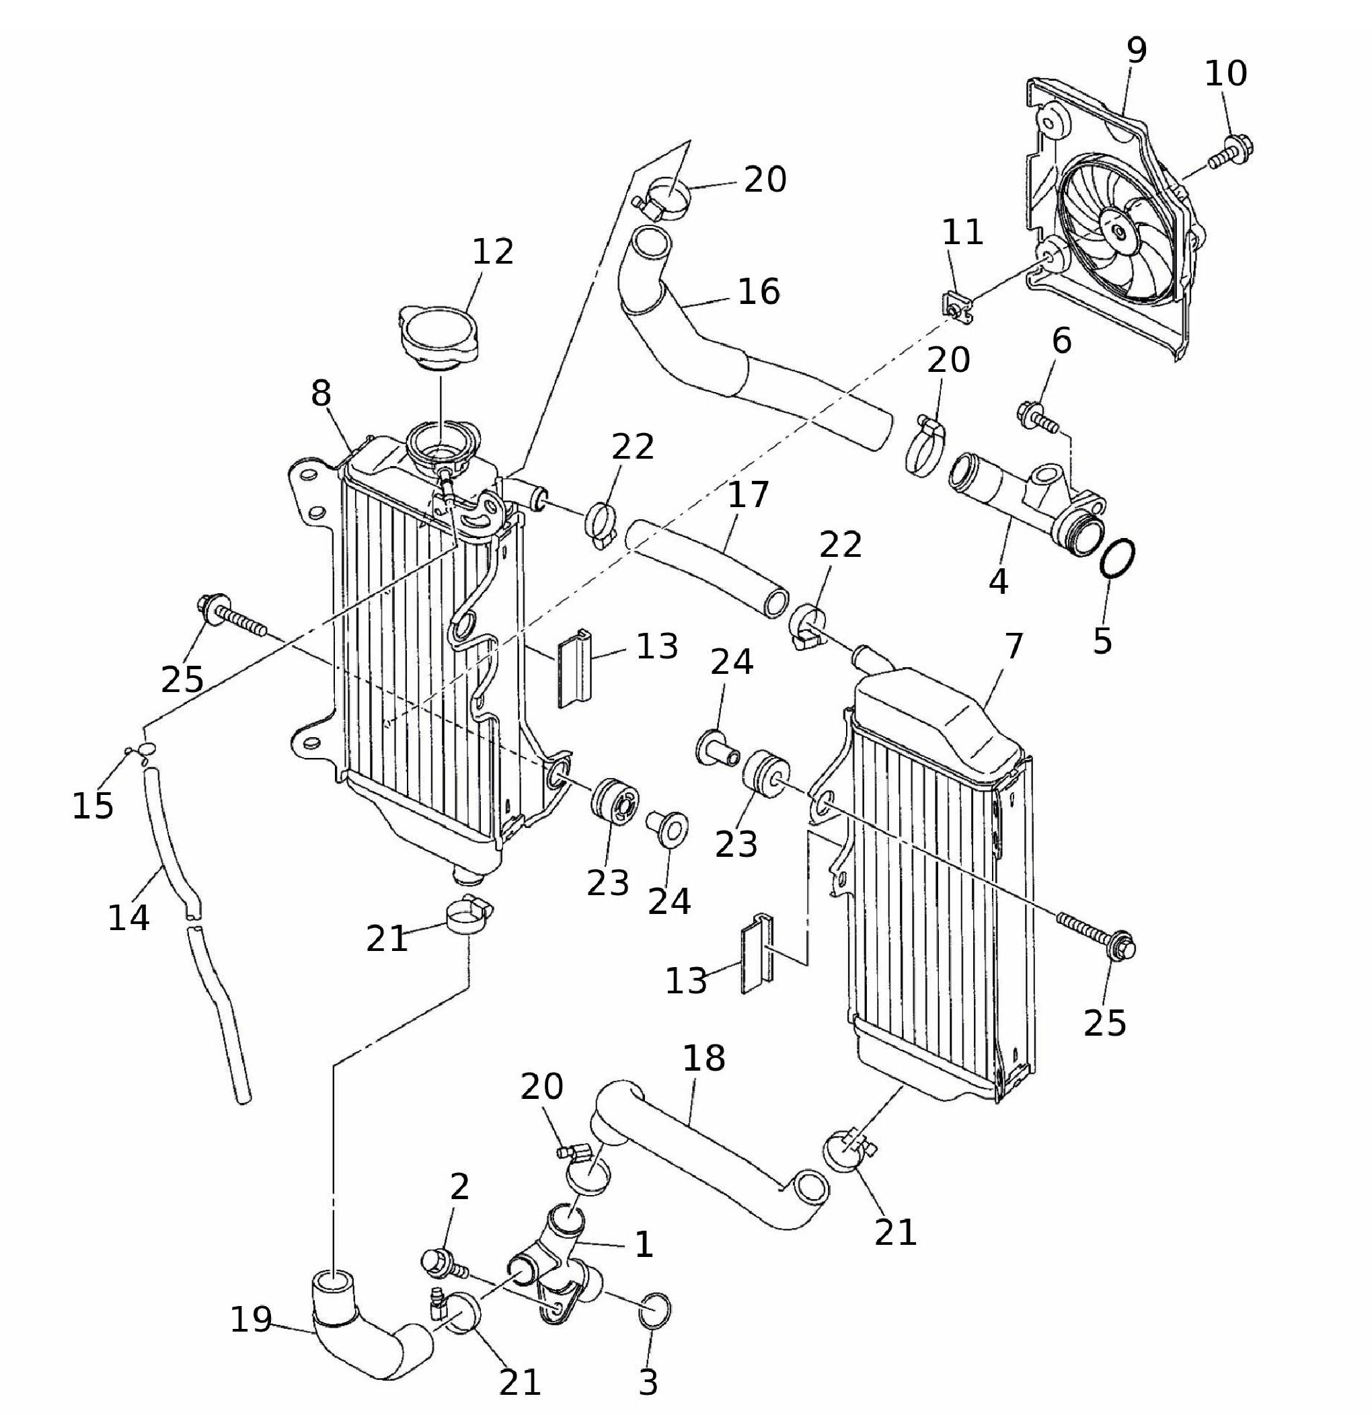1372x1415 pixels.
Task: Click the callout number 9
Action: [1136, 50]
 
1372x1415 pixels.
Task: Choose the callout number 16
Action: [758, 292]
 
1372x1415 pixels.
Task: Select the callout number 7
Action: [1014, 646]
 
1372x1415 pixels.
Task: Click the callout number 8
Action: [321, 394]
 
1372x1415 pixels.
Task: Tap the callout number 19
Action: [251, 1320]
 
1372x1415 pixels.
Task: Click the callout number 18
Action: [703, 1059]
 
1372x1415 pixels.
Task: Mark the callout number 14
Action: [128, 917]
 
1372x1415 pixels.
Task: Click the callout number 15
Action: [92, 806]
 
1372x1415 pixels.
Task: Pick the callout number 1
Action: [643, 1245]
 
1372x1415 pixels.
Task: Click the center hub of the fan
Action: [1118, 232]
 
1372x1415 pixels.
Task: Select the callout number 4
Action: [998, 581]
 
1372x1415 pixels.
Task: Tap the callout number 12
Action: [492, 252]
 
